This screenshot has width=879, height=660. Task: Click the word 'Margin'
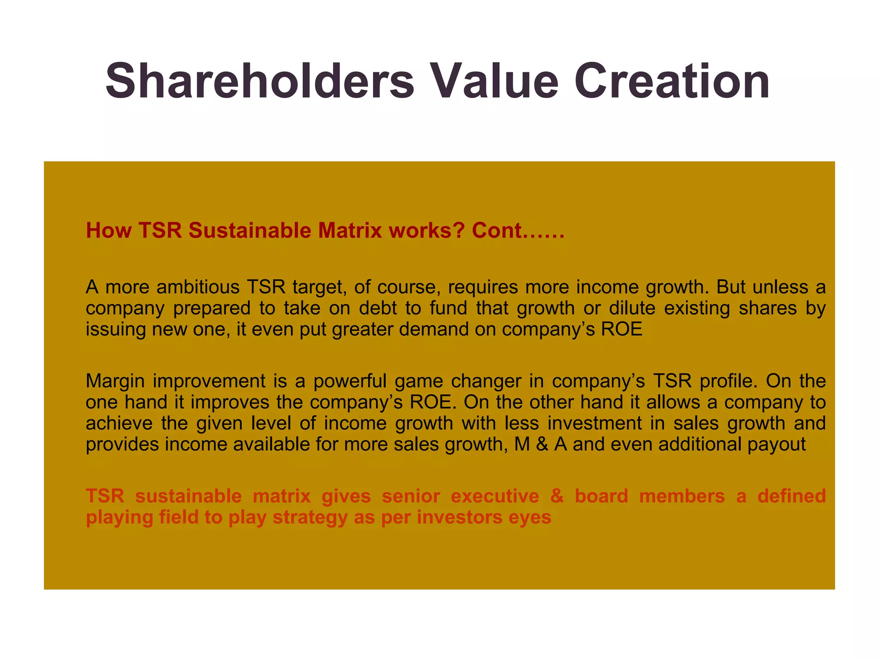115,381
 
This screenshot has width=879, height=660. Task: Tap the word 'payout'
776,444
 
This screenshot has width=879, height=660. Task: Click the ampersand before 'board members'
557,496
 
